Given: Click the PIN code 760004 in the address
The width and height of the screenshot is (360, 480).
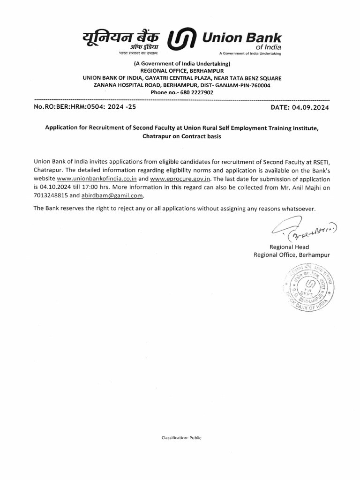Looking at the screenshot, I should [x=260, y=85].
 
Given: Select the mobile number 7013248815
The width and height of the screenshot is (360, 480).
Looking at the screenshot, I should [x=50, y=196].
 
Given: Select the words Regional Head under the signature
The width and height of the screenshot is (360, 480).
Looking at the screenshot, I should [x=289, y=247].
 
